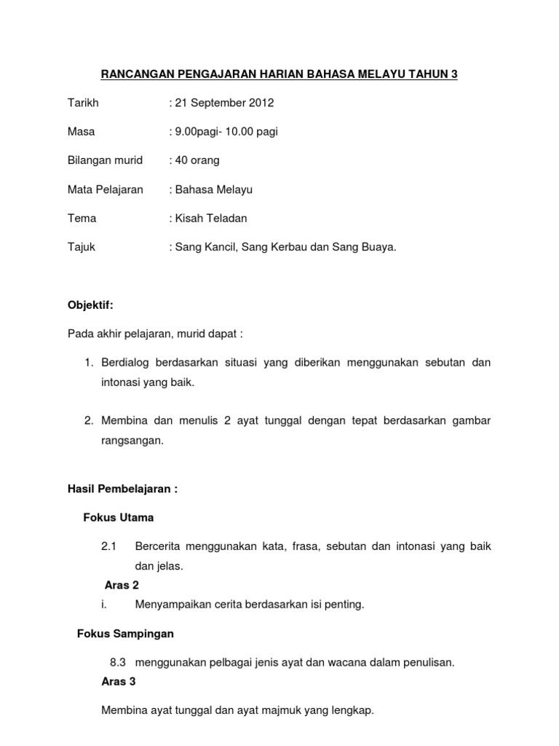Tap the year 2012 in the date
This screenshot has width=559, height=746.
tap(260, 103)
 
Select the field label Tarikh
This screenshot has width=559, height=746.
tap(83, 103)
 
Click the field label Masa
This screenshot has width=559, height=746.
tap(81, 132)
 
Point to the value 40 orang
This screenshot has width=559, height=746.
tap(197, 160)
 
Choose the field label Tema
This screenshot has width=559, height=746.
tap(82, 218)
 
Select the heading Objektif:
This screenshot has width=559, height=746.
tap(91, 305)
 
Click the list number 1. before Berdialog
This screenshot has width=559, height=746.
tap(88, 362)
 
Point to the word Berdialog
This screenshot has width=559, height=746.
tap(127, 362)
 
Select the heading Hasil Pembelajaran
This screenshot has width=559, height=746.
tap(122, 490)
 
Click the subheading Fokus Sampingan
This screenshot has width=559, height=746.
tap(125, 634)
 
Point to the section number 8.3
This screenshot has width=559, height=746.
tap(118, 662)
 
